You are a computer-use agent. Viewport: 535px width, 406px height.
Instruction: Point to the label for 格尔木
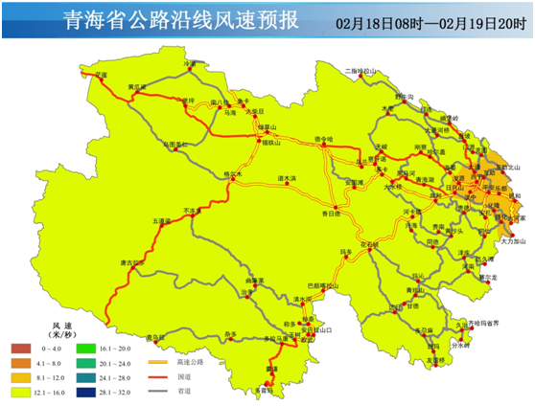tap(231, 173)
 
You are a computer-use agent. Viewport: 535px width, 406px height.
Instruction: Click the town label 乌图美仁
tap(175, 145)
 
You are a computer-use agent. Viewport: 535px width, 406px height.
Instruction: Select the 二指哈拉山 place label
tap(363, 71)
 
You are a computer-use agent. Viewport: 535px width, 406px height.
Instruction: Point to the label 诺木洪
tap(288, 178)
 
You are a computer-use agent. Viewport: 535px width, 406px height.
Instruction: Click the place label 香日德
tap(330, 213)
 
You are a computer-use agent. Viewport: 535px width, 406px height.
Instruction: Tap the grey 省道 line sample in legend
tap(159, 391)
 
